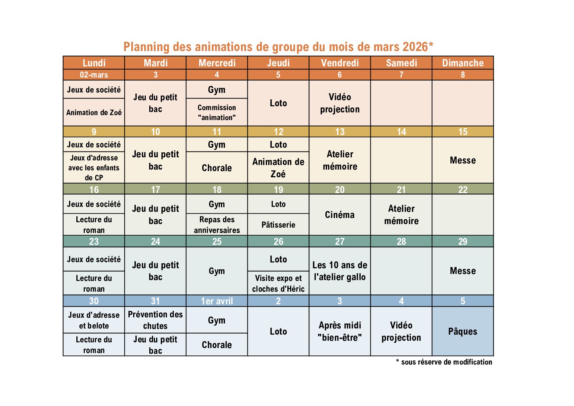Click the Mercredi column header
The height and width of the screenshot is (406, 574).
point(217,63)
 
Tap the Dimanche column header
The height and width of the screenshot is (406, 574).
point(463,63)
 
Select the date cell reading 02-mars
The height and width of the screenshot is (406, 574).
point(94,75)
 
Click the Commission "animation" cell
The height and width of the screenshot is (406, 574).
point(217,112)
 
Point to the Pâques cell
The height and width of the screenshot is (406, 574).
point(463,331)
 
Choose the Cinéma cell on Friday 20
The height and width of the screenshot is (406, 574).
point(340,215)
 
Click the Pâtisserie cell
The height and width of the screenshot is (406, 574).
point(278,225)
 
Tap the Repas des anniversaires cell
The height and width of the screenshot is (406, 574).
point(217,225)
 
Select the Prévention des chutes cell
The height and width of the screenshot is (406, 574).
point(155,320)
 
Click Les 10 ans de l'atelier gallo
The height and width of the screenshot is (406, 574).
point(340,271)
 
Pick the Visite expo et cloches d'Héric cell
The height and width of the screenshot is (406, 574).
point(278,284)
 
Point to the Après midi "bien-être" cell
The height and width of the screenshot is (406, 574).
point(340,331)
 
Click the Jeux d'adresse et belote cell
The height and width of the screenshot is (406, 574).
point(94,320)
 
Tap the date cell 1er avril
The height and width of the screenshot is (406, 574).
point(217,301)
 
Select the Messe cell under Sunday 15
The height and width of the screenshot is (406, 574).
point(463,160)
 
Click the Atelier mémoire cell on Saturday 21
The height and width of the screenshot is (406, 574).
point(401,215)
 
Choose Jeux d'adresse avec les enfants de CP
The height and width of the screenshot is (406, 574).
point(94,168)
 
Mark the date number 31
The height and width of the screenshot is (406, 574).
point(155,301)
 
